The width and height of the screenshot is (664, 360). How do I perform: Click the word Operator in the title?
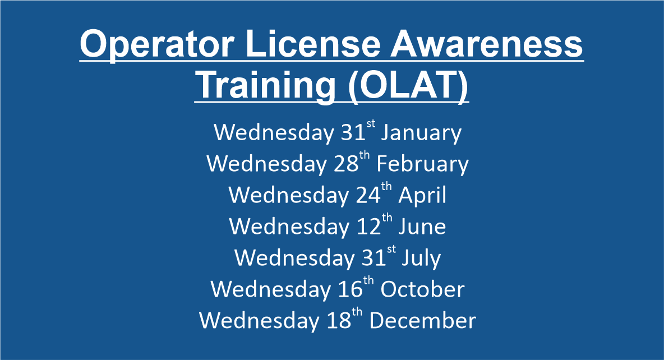(x=156, y=45)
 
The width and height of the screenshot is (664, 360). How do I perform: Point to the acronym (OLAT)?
(x=408, y=86)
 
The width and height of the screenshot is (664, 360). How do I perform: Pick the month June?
(x=422, y=227)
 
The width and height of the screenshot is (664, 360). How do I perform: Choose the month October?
(x=422, y=290)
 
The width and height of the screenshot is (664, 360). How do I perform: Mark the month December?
(x=423, y=321)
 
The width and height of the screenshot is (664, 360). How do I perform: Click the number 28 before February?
(x=346, y=164)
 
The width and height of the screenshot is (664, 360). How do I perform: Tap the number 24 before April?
(x=368, y=195)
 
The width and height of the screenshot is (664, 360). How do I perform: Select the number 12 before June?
(x=369, y=227)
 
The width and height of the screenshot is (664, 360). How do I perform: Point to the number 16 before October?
(x=350, y=289)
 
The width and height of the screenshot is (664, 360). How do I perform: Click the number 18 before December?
(x=339, y=321)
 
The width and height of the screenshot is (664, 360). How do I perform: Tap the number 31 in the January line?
(x=353, y=132)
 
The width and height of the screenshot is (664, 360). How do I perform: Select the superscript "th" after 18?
(x=357, y=312)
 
